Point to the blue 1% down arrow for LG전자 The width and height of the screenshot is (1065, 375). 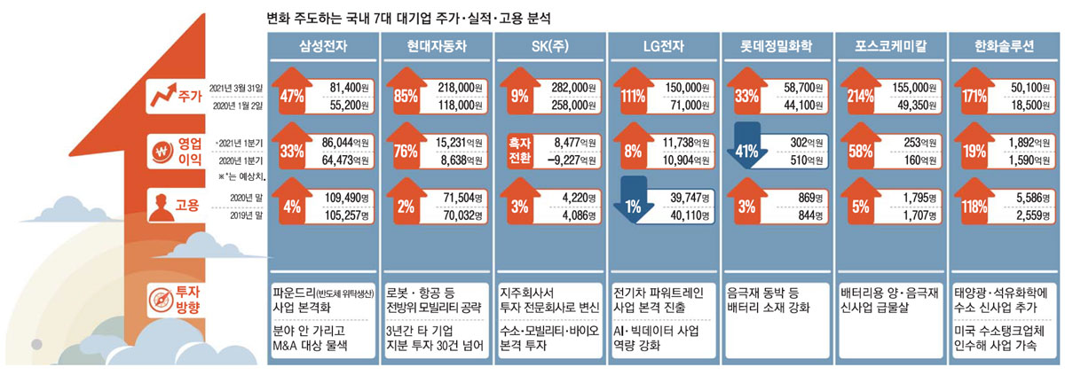[633, 205]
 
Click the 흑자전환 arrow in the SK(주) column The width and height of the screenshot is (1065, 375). [519, 150]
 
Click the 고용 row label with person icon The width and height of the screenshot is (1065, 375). [174, 205]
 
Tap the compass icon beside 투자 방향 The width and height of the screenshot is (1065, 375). [160, 298]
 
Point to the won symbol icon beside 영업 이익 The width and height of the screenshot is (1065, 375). [161, 150]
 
